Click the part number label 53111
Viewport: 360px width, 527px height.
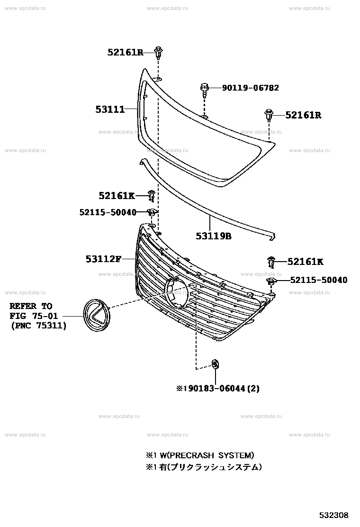[110, 109]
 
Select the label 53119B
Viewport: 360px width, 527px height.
[214, 236]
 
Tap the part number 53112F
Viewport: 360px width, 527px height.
[103, 259]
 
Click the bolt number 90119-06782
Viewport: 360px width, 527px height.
[251, 88]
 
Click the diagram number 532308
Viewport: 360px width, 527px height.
[333, 515]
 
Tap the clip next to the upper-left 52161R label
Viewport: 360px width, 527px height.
[158, 53]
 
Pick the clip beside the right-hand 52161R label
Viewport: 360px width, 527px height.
[269, 115]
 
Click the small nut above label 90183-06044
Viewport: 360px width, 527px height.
[215, 364]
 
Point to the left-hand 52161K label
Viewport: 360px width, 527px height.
[117, 196]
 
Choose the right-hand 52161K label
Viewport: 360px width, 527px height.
[305, 262]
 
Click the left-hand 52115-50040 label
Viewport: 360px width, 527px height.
[108, 212]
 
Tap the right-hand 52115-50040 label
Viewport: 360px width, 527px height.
[319, 280]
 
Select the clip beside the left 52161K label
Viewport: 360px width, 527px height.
[152, 196]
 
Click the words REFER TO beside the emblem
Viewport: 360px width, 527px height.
[31, 306]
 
